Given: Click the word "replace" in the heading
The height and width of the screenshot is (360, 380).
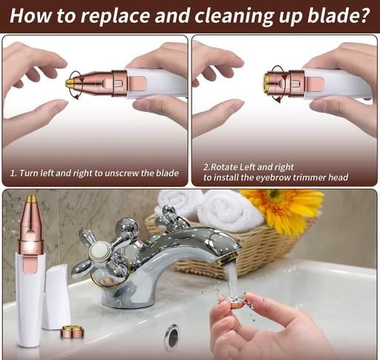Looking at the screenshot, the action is pos(115,16).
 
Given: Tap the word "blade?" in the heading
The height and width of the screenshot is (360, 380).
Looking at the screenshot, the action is pos(338,15).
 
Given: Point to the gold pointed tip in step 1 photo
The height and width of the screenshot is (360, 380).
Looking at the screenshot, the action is pos(70,83).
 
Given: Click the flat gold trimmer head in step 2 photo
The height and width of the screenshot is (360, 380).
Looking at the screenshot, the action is pos(266,83).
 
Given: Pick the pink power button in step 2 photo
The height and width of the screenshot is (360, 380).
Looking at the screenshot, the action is pos(315,84).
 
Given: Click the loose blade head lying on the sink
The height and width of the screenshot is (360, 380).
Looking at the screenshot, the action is pos(72,332).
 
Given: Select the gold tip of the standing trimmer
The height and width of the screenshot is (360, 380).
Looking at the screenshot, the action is pos(31,199).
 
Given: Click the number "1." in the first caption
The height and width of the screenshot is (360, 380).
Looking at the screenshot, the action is pos(13,173).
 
